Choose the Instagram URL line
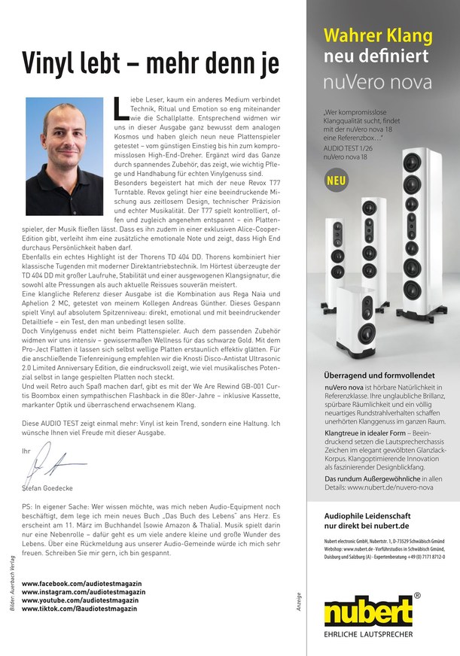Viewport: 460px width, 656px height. tap(83, 592)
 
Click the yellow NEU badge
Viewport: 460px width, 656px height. tap(337, 181)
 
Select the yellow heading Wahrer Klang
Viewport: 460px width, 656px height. tap(378, 35)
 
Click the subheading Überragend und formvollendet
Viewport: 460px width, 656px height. tap(379, 375)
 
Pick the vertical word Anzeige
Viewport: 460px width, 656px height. tap(300, 594)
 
